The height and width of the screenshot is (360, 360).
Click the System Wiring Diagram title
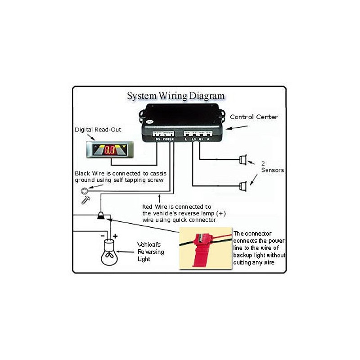pos(175,96)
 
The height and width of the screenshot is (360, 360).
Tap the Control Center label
pos(253,117)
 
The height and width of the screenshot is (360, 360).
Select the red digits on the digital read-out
pos(109,150)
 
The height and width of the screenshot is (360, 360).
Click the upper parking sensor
pos(243,159)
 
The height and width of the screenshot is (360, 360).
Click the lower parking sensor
pos(243,185)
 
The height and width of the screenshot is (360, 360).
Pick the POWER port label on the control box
pos(168,139)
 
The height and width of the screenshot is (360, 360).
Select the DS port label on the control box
pos(157,139)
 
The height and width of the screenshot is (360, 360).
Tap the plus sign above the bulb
pos(115,235)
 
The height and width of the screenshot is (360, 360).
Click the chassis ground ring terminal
pos(84,190)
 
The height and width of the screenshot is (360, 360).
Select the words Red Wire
pos(153,206)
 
